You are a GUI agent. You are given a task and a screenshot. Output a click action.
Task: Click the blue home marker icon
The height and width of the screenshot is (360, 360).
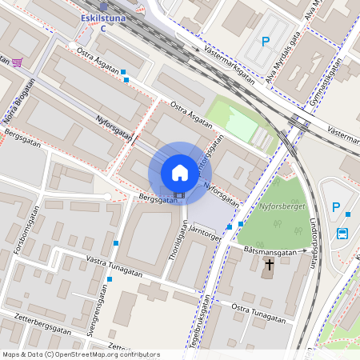(x=180, y=173)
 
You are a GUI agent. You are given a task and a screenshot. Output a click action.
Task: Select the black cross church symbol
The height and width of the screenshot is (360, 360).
(x=270, y=264)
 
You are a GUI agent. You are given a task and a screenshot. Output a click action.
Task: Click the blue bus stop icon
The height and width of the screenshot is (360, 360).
(x=343, y=234)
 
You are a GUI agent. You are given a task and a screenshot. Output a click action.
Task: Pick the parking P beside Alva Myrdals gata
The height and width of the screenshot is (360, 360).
(x=265, y=42)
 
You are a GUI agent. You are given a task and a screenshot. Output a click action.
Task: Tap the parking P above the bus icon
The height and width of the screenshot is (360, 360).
(x=336, y=207)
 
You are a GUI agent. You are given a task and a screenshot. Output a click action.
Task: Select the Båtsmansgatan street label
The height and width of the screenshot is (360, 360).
(x=269, y=251)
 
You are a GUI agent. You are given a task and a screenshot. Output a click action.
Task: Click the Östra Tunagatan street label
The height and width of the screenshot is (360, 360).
(x=258, y=313)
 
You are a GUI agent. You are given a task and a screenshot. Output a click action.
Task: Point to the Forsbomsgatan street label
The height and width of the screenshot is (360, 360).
(x=26, y=230)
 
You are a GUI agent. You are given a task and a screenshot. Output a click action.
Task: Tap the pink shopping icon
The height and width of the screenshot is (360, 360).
(x=18, y=62)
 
